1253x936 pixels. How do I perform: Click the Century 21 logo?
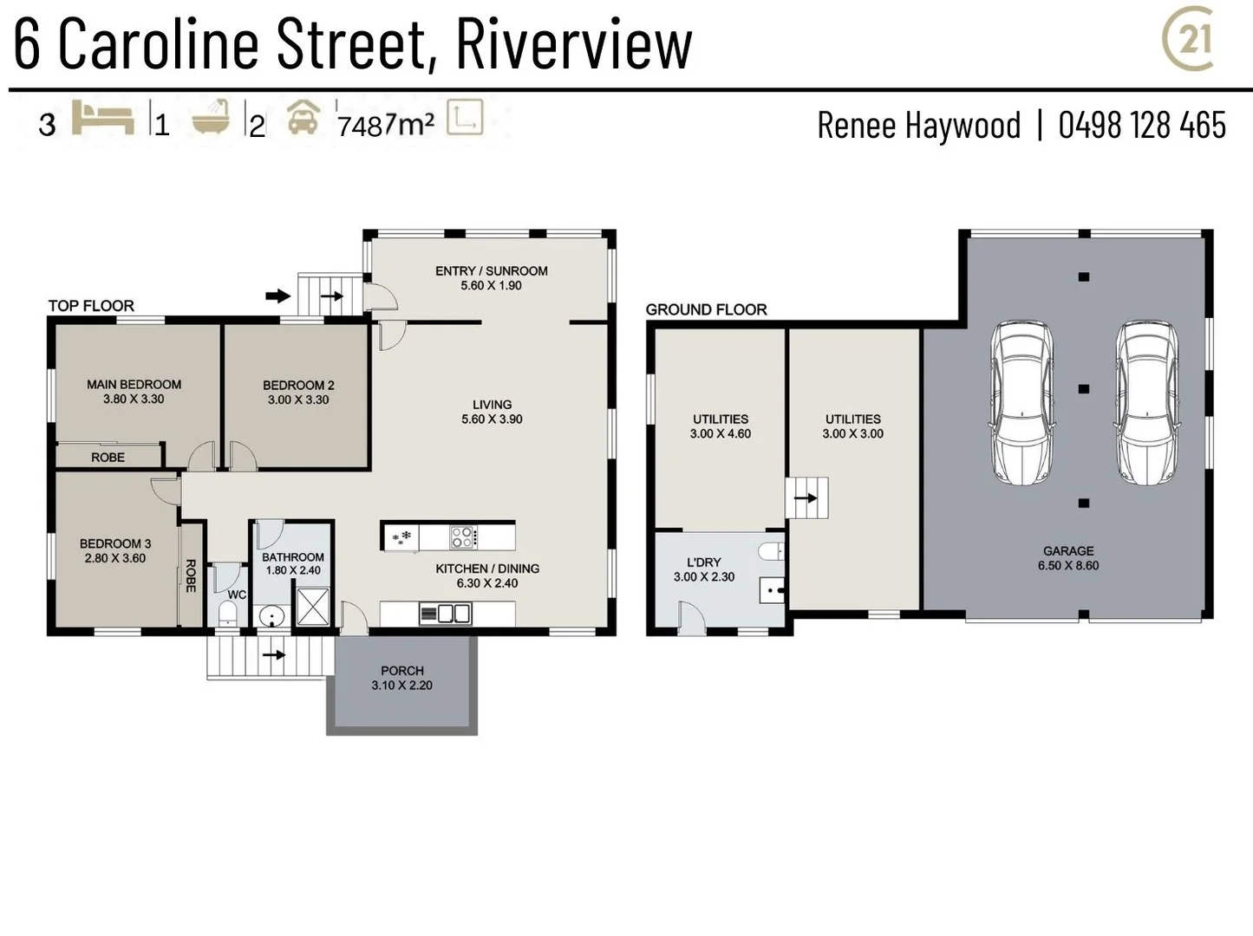[1189, 40]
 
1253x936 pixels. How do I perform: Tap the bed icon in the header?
[102, 118]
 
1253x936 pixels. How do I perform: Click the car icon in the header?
[303, 118]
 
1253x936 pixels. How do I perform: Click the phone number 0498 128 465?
[1141, 126]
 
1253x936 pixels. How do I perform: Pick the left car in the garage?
[1022, 402]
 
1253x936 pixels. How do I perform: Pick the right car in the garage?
[1146, 402]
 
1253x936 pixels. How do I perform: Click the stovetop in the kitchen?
[462, 537]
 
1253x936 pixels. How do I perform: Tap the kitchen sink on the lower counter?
[446, 614]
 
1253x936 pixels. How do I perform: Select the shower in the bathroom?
[313, 606]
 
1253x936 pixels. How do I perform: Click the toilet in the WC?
[226, 614]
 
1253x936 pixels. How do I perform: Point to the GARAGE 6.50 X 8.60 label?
[1068, 558]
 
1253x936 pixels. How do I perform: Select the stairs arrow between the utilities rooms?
[806, 498]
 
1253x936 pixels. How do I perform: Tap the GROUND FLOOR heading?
[706, 309]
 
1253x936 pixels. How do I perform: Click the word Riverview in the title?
[573, 43]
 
